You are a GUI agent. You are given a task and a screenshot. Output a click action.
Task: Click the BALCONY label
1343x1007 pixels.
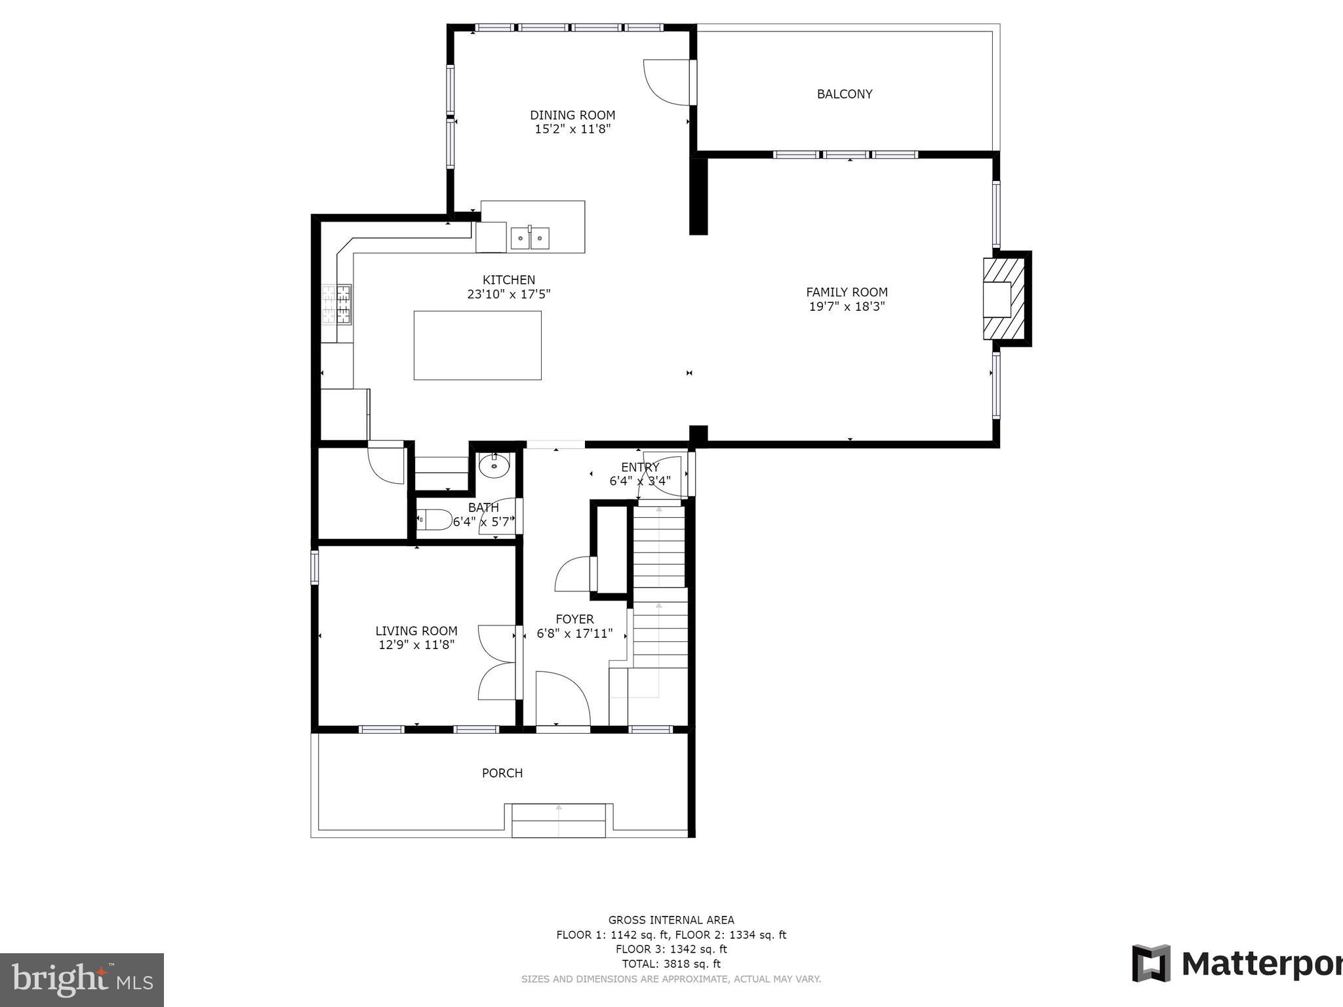coord(844,94)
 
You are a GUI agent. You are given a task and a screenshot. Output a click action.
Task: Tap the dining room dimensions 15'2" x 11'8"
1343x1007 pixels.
coord(572,130)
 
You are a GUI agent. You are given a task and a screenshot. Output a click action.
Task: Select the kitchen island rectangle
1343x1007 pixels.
coord(477,346)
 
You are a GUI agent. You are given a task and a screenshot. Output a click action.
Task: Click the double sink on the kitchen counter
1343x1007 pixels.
coord(530,238)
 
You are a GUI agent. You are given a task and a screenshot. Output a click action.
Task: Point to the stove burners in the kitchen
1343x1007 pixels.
coord(336,304)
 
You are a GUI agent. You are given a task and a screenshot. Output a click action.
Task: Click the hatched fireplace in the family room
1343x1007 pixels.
coord(1003,298)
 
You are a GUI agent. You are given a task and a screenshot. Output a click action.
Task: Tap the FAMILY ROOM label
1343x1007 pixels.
coord(847,292)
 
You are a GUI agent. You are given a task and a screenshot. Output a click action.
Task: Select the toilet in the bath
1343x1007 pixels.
coord(435,519)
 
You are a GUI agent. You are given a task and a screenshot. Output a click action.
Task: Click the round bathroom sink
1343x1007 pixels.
coord(494,466)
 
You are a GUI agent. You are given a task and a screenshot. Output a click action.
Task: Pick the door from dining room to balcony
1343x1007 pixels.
coord(668,82)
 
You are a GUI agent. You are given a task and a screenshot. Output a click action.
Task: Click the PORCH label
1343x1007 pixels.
coord(502,774)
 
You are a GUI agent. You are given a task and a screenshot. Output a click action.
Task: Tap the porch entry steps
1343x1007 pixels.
coord(558,821)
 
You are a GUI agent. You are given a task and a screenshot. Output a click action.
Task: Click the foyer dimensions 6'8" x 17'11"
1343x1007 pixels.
coord(574,634)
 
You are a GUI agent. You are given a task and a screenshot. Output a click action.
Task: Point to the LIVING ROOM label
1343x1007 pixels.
coord(416,631)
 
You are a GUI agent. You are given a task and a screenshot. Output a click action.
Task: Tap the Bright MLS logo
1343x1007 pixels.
coord(81,979)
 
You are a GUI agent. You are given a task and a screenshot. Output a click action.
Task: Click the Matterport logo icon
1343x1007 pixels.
coord(1152,963)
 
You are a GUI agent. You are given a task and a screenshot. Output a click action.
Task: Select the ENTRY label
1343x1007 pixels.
coord(640,467)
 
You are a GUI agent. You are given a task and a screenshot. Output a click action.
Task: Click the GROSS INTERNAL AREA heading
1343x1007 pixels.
coord(671,920)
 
